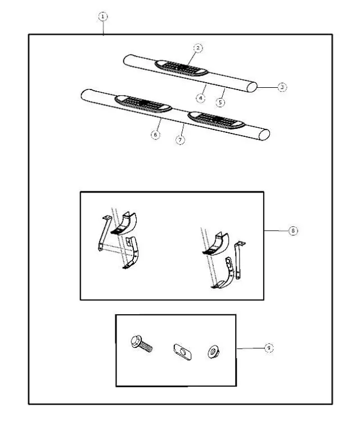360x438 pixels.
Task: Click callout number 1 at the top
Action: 102,17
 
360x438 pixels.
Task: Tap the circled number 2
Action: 197,47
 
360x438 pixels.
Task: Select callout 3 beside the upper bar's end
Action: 282,87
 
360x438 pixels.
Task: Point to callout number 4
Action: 201,98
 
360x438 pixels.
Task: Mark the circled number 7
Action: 180,140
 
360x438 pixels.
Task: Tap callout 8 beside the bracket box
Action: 292,231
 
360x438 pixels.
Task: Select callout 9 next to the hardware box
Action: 269,348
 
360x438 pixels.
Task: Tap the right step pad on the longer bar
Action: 217,119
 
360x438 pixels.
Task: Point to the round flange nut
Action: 212,350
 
